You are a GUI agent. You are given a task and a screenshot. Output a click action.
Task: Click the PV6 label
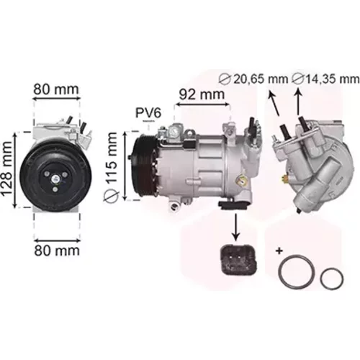[x=148, y=113]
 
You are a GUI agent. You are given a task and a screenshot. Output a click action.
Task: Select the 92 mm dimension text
[x=202, y=94]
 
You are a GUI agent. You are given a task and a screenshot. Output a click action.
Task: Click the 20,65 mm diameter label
[x=253, y=79]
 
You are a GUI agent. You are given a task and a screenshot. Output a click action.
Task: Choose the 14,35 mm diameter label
[x=326, y=79]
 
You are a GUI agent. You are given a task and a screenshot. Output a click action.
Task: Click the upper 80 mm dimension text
[x=56, y=89]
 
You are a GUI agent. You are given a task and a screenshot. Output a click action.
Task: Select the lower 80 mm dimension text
[x=57, y=251]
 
